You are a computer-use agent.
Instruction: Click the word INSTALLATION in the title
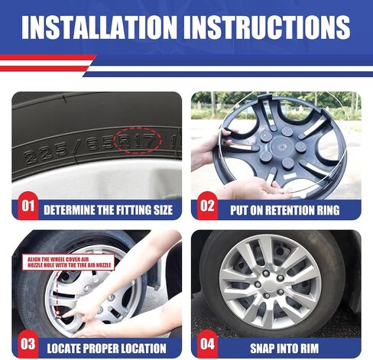click(x=99, y=28)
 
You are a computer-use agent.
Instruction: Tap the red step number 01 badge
click(x=28, y=206)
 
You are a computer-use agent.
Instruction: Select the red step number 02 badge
click(x=208, y=206)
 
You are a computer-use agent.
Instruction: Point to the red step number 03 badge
click(x=28, y=344)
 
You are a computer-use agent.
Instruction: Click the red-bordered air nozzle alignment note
click(x=69, y=262)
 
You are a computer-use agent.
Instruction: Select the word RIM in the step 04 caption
click(x=309, y=349)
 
